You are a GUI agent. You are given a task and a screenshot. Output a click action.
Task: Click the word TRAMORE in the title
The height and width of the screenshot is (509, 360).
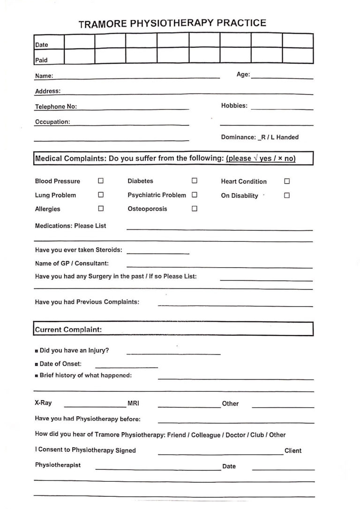tap(102, 24)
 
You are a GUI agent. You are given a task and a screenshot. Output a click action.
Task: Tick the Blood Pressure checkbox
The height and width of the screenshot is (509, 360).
tap(100, 181)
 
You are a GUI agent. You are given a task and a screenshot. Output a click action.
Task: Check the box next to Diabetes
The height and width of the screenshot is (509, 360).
tap(194, 181)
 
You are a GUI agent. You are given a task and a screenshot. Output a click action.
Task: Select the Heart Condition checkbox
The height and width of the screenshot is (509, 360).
tap(287, 181)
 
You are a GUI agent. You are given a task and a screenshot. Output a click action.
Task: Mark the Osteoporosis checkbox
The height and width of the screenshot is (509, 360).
tap(194, 209)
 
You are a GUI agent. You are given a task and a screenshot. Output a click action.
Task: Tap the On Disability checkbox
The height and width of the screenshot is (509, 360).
tap(287, 195)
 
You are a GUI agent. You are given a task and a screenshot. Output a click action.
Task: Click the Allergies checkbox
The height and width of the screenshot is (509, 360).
tap(100, 209)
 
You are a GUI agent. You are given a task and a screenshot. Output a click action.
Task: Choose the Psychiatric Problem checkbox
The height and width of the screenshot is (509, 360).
tap(194, 195)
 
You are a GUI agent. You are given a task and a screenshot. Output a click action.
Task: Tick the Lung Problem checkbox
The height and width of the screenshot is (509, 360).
tap(100, 195)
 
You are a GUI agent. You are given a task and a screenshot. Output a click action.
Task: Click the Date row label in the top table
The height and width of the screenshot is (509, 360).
tap(42, 45)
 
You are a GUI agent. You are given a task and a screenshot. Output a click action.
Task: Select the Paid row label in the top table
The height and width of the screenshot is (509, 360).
tap(41, 60)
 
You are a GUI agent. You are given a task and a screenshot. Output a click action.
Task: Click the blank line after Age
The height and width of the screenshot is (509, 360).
tap(282, 77)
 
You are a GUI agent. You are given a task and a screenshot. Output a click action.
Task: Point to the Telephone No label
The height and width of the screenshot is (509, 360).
tap(56, 107)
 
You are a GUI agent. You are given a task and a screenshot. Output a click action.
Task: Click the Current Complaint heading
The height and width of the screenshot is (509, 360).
tap(68, 329)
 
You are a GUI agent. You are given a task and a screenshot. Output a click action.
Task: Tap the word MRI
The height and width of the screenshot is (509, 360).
tap(133, 403)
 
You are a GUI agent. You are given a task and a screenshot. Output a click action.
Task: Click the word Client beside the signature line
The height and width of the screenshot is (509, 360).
tap(293, 451)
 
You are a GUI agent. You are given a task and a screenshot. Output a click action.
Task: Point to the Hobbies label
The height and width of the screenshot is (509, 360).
tap(234, 106)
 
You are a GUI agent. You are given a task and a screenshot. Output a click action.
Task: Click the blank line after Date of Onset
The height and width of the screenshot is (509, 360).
tap(127, 366)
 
